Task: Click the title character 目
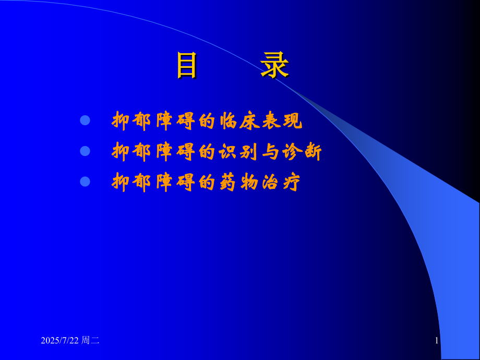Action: coord(186,66)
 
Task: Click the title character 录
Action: coord(274,66)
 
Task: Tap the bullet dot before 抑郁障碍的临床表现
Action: coord(85,121)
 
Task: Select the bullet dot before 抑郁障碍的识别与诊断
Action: coord(85,151)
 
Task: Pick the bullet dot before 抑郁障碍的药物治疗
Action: coord(85,182)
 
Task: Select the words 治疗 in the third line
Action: coord(282,182)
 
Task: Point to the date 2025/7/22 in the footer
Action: coord(61,341)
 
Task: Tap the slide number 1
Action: coord(436,341)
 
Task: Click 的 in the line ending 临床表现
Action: coord(208,121)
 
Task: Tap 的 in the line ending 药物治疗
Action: coord(208,182)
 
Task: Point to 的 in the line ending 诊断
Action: coord(208,152)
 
